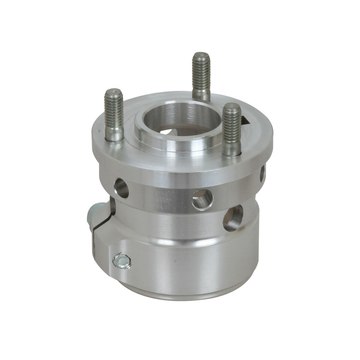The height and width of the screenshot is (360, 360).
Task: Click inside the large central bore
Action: (x=168, y=120)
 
